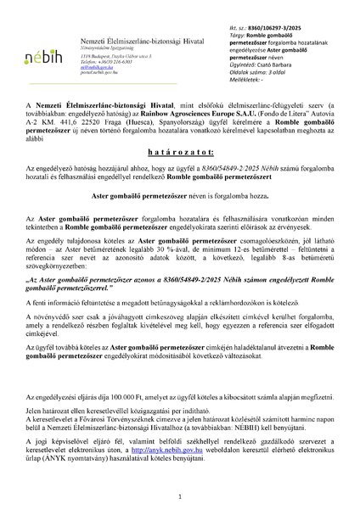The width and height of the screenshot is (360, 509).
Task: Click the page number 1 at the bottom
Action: coord(180,495)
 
